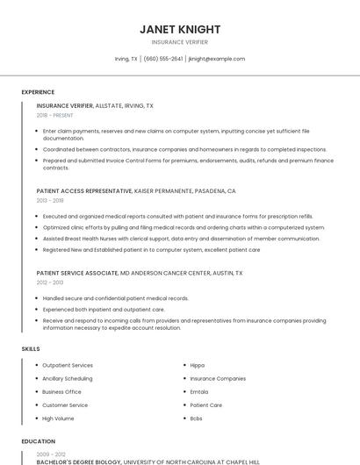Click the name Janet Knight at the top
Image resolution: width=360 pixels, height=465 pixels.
(180, 30)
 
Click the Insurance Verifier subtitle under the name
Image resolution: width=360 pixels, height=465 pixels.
(180, 42)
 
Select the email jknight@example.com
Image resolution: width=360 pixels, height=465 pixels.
(216, 59)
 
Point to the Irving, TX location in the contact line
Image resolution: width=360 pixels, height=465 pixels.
(126, 59)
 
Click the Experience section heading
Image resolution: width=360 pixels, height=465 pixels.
(38, 92)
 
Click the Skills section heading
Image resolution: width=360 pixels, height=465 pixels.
(31, 349)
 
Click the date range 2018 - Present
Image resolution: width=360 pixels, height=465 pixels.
(56, 115)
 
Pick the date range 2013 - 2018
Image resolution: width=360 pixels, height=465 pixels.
(50, 200)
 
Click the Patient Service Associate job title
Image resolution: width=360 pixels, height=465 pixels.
(77, 273)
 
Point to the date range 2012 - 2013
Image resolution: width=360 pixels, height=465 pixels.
(50, 283)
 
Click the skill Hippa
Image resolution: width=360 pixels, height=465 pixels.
(198, 365)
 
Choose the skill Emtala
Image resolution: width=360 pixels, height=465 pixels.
(199, 391)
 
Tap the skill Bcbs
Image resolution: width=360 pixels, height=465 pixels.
(197, 418)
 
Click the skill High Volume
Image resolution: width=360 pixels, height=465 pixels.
(58, 418)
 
